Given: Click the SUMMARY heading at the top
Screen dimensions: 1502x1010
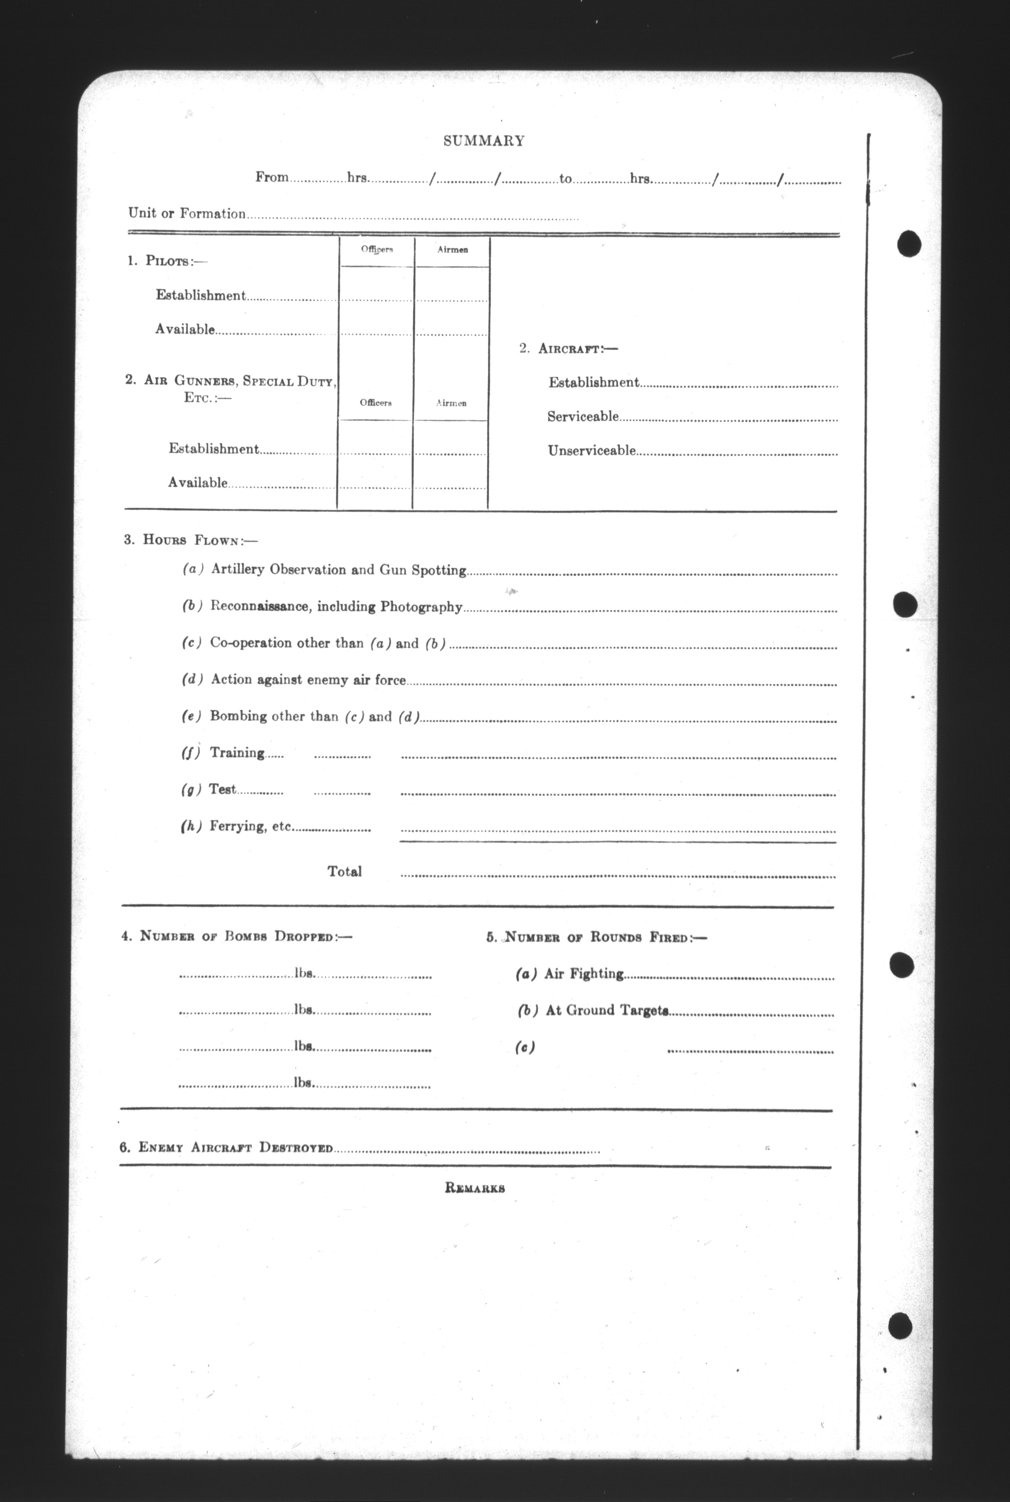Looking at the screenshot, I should point(484,141).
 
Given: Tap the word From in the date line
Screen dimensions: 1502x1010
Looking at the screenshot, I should point(272,177).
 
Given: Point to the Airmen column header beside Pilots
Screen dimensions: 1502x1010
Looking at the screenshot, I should point(452,250).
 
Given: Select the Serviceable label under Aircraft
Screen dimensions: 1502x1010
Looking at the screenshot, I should point(583,417).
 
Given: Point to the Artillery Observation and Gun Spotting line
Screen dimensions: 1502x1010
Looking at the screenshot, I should point(338,570).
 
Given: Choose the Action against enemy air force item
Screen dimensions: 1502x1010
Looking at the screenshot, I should point(308,680).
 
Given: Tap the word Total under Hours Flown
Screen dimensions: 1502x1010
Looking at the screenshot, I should point(345,871).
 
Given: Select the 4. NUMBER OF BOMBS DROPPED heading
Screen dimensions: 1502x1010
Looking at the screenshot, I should point(236,936).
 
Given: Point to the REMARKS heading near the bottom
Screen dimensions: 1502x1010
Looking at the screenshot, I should point(475,1188).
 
